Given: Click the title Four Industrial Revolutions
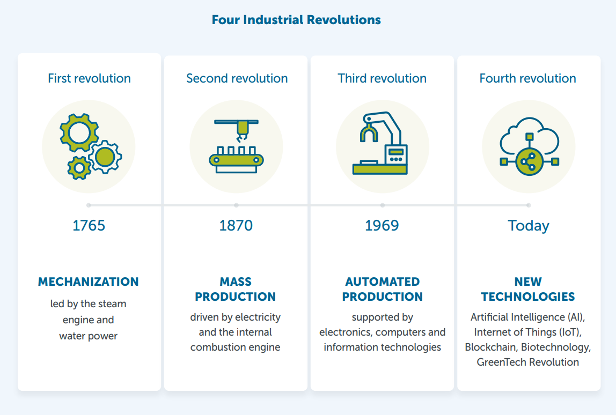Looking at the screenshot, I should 296,20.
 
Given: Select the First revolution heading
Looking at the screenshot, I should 89,78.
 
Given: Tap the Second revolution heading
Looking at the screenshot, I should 237,78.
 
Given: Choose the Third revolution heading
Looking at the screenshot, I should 382,78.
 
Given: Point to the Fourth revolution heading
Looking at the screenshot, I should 527,78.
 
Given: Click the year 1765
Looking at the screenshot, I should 89,225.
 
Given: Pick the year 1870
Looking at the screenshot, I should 236,225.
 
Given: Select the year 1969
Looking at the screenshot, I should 382,225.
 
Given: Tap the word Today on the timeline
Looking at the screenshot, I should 529,226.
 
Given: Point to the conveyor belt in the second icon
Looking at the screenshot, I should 237,159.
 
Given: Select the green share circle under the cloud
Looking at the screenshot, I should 529,161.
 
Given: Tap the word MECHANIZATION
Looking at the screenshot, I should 89,282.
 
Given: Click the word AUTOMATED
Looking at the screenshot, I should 382,282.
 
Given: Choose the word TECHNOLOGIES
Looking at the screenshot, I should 528,297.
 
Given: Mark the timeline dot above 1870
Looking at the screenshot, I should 236,205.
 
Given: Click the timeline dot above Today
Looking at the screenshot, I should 529,205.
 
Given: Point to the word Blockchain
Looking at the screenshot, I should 490,347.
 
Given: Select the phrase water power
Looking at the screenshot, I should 89,336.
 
